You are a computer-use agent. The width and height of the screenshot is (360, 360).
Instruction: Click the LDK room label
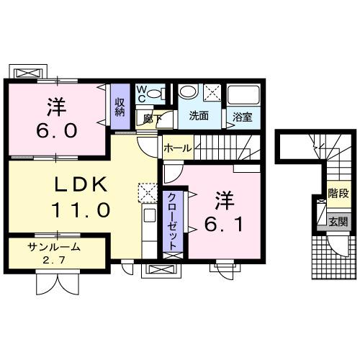[x=81, y=184]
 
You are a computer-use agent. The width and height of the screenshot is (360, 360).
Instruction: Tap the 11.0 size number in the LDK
[x=81, y=210]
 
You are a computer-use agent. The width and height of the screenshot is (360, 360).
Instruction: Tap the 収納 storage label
[x=120, y=105]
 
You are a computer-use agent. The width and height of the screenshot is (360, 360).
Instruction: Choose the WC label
[x=142, y=94]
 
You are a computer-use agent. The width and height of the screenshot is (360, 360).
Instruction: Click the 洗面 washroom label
[x=199, y=115]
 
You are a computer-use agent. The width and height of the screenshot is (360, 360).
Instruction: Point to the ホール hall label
[x=177, y=148]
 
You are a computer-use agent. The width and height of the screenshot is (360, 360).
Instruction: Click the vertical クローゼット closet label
[x=173, y=220]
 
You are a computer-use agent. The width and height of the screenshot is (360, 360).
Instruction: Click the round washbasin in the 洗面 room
[x=187, y=92]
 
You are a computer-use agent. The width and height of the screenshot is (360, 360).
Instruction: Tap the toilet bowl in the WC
[x=161, y=92]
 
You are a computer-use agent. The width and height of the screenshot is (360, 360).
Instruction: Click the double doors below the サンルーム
[x=55, y=282]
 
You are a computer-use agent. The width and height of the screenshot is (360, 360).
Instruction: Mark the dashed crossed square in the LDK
[x=147, y=192]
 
